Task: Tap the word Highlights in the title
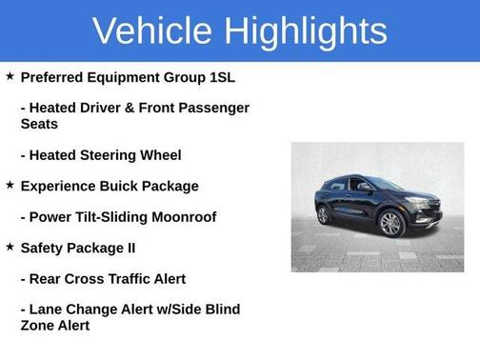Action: click(x=307, y=30)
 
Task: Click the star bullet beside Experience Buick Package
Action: click(x=10, y=185)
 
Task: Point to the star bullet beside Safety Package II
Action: click(x=10, y=247)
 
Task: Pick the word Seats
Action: click(x=39, y=124)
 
